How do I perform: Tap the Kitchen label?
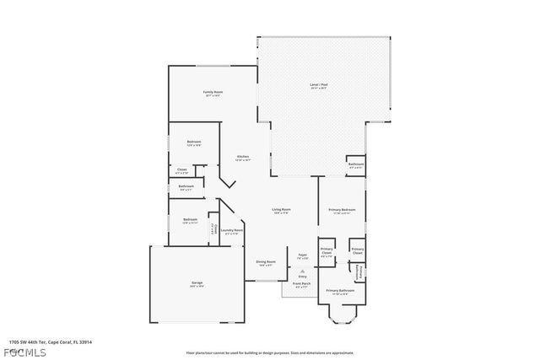point(242,157)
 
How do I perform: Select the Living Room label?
point(281,209)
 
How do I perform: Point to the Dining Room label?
point(266,262)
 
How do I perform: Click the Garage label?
point(197,282)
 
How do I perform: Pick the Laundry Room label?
point(232,230)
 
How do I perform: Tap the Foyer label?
point(303,254)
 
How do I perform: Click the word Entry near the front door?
point(302,277)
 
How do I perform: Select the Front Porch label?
point(302,284)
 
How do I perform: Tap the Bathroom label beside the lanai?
point(356,164)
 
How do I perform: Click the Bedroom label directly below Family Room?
point(193,142)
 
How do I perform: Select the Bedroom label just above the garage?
point(190,220)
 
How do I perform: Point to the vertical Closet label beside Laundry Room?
point(213,228)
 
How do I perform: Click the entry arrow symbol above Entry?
point(302,271)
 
